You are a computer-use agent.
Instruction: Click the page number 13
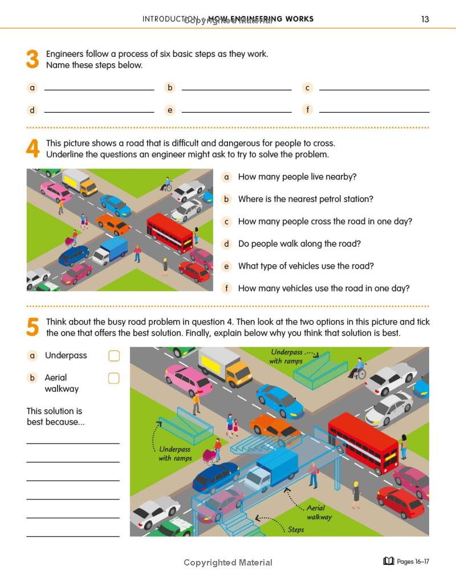[x=425, y=19]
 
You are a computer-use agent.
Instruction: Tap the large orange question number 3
[x=32, y=60]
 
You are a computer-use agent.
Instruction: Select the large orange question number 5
[x=32, y=327]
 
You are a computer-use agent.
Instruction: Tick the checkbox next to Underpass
[x=114, y=356]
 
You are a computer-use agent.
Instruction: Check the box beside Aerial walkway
[x=114, y=378]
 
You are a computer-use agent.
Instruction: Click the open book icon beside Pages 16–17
[x=389, y=561]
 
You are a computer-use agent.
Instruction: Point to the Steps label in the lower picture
[x=296, y=530]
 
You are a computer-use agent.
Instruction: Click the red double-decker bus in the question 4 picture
[x=170, y=232]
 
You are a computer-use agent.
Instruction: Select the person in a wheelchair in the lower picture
[x=357, y=368]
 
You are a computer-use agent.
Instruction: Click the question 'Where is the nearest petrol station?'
[x=306, y=199]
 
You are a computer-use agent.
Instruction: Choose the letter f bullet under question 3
[x=308, y=109]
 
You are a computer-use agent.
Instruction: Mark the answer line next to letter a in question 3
[x=99, y=89]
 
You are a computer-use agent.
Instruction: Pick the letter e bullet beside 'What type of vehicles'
[x=226, y=267]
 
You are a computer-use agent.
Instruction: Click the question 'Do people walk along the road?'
[x=299, y=244]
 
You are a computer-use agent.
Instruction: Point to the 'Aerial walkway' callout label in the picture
[x=319, y=513]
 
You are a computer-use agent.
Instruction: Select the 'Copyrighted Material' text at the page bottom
[x=228, y=563]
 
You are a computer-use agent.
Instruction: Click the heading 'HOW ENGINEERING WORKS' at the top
[x=261, y=19]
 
